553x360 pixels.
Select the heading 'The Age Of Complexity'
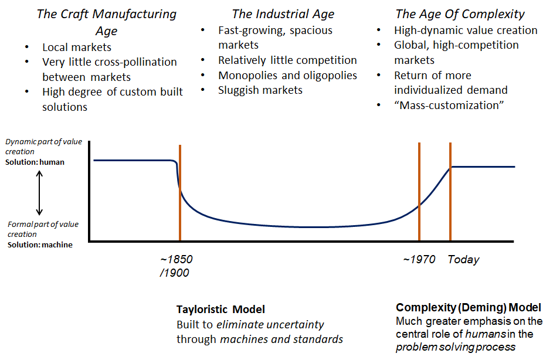tap(460, 14)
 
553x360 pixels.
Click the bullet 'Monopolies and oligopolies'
tap(287, 75)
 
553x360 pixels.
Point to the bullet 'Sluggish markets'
tap(260, 90)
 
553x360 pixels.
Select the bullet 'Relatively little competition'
tap(287, 60)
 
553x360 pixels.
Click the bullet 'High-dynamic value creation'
tap(466, 30)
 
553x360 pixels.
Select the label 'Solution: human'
tap(35, 162)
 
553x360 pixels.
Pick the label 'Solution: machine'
tap(40, 244)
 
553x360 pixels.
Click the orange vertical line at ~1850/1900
tap(180, 193)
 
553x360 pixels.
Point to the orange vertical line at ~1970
tap(419, 193)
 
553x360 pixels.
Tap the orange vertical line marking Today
tap(450, 193)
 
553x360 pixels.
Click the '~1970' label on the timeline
tap(419, 259)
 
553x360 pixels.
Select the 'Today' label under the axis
tap(463, 259)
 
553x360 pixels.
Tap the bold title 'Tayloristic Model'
tap(220, 309)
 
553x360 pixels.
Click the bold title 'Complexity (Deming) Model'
tap(469, 307)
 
